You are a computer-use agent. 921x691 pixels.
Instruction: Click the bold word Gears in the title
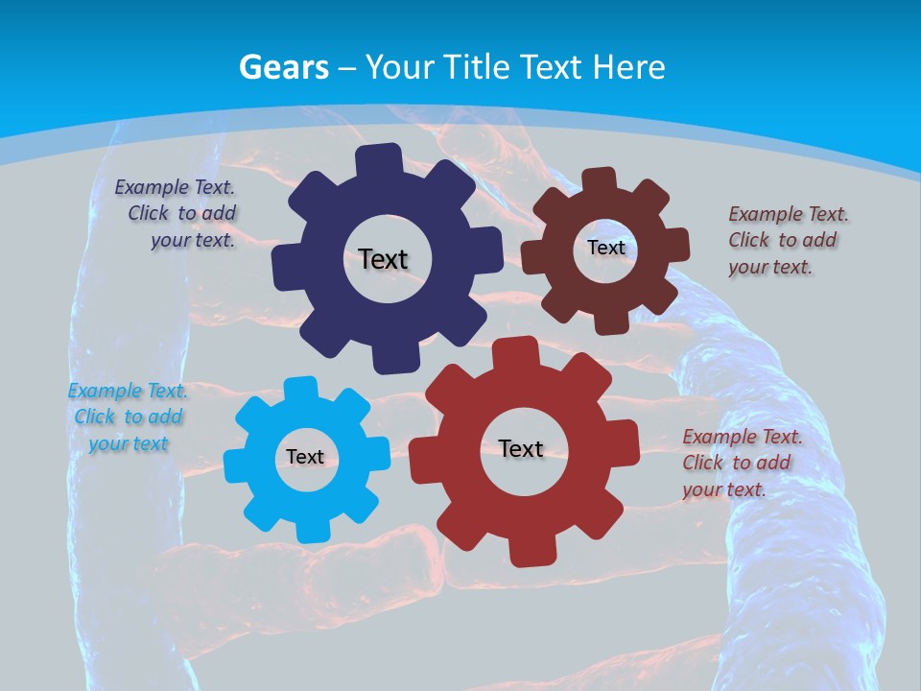tap(283, 67)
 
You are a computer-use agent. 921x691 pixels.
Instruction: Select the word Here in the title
tap(628, 67)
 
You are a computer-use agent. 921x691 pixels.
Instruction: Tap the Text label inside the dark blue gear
tap(383, 259)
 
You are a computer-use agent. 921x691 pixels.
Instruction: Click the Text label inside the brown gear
tap(605, 248)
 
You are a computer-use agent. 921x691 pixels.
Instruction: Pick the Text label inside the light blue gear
tap(305, 457)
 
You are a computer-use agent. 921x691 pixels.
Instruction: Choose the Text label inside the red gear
tap(521, 448)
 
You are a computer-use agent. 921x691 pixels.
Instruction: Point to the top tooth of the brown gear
tap(599, 180)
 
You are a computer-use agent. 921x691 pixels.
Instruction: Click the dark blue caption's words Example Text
tap(175, 187)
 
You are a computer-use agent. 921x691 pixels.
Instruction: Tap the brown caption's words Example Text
tap(788, 214)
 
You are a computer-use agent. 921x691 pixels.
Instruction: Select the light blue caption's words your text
tap(129, 443)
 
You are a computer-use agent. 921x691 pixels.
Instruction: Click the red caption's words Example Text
tap(742, 437)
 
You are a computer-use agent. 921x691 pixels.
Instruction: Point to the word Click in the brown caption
tap(748, 240)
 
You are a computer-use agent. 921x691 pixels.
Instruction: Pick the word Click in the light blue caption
tap(94, 417)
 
